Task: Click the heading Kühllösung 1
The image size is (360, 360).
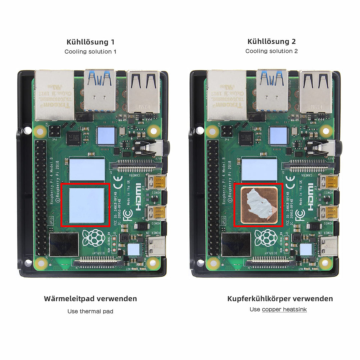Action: [90, 42]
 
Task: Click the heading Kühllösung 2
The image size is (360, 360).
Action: [271, 41]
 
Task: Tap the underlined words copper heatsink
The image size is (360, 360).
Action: [284, 309]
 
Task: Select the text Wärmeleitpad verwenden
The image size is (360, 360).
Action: [90, 299]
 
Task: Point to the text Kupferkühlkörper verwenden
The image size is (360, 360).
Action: [280, 299]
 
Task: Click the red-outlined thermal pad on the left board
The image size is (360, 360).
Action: [86, 205]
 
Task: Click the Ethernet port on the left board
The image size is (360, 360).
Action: [55, 95]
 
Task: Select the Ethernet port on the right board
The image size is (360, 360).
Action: [227, 95]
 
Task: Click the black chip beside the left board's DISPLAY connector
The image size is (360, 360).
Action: [64, 244]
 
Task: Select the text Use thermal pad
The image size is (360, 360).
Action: [90, 311]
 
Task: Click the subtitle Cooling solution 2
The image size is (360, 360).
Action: [271, 51]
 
